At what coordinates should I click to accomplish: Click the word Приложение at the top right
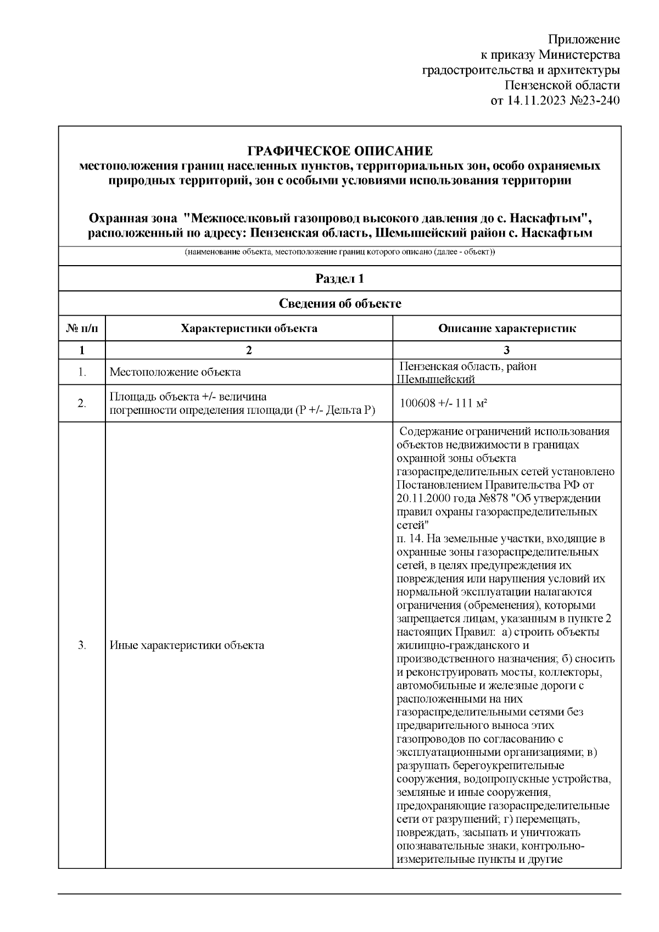(584, 40)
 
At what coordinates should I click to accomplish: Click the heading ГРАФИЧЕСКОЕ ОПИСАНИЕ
(340, 151)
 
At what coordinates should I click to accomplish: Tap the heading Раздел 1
(340, 278)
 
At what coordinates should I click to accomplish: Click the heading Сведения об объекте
(340, 304)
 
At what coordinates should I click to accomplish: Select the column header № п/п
(82, 329)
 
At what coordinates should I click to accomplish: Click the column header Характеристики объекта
(249, 329)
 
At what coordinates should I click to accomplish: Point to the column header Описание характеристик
(507, 329)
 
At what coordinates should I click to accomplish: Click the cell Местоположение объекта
(175, 372)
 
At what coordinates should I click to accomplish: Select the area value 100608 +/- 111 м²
(444, 403)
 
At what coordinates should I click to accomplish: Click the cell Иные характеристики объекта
(187, 645)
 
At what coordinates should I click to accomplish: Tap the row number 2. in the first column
(82, 403)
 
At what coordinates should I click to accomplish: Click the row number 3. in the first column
(82, 645)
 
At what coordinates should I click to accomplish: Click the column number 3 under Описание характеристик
(507, 350)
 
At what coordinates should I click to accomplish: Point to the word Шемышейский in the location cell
(435, 379)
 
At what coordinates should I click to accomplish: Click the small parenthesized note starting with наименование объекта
(340, 252)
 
